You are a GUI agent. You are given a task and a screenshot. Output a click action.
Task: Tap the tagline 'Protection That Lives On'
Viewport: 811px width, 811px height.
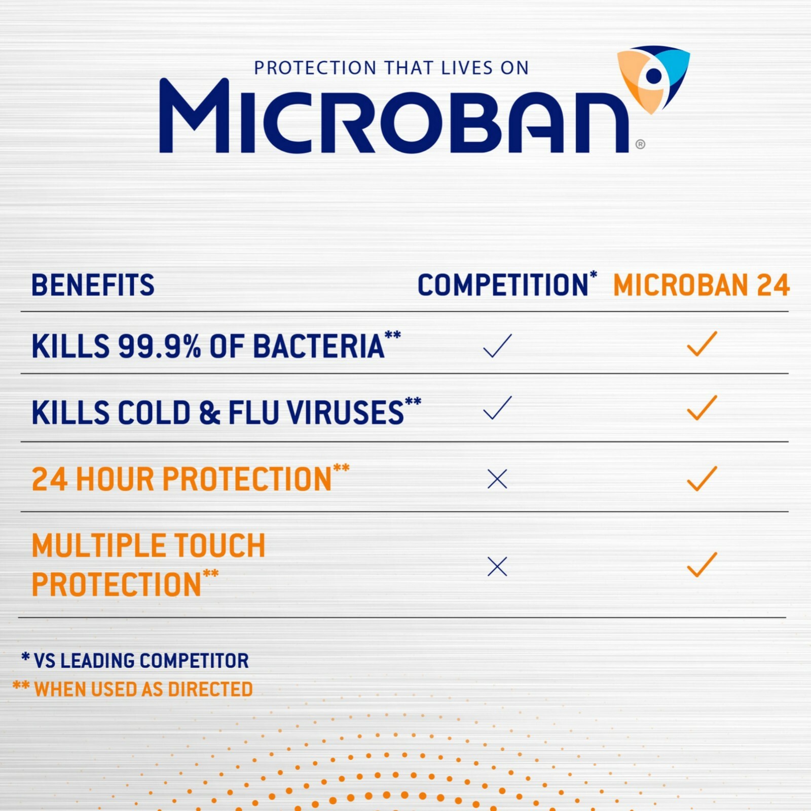click(391, 68)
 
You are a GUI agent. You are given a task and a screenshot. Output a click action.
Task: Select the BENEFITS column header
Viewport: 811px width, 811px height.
click(93, 285)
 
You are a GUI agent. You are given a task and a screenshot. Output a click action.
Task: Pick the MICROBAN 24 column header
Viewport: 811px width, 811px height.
click(701, 285)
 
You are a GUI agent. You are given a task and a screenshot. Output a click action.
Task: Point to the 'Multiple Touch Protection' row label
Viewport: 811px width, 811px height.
click(148, 565)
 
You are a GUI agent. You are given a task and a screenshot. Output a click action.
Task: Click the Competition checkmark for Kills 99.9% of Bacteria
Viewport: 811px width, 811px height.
click(497, 346)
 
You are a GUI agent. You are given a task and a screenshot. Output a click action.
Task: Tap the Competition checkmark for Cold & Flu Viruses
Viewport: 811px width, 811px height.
click(497, 408)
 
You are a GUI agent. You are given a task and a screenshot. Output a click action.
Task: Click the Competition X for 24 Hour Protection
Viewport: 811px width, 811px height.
click(497, 478)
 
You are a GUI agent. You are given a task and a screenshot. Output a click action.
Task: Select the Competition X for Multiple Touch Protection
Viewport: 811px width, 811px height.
click(497, 566)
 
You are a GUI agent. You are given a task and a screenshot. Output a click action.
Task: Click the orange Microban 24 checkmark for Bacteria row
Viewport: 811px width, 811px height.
click(702, 344)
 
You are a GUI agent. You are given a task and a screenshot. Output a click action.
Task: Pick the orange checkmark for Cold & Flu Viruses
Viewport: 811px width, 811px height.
click(702, 408)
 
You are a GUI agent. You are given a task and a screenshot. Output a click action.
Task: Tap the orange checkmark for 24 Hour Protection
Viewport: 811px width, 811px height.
click(702, 478)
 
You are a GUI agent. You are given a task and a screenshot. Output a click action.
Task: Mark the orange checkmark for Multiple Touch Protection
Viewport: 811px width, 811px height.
click(702, 564)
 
